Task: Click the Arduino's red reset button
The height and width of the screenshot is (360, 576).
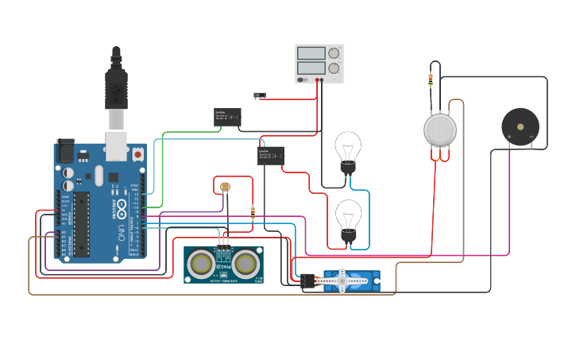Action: pyautogui.click(x=137, y=153)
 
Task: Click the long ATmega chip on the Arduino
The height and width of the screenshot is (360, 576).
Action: pyautogui.click(x=82, y=225)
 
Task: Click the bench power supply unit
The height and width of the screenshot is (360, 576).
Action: pyautogui.click(x=319, y=63)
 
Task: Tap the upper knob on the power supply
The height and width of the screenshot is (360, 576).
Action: pyautogui.click(x=334, y=54)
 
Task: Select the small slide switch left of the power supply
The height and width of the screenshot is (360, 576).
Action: pyautogui.click(x=259, y=95)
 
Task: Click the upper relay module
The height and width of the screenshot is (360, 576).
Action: pyautogui.click(x=227, y=117)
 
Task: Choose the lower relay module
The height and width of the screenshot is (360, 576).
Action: pyautogui.click(x=271, y=155)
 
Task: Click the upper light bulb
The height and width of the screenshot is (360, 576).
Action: pyautogui.click(x=348, y=150)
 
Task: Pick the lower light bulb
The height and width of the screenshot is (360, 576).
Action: pyautogui.click(x=348, y=219)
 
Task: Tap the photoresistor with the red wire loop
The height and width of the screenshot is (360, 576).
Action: pyautogui.click(x=224, y=187)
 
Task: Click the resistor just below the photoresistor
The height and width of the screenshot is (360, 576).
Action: pyautogui.click(x=253, y=212)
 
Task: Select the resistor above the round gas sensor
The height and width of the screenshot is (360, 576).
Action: pyautogui.click(x=431, y=79)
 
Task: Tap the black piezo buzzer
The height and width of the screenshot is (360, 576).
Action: pyautogui.click(x=520, y=126)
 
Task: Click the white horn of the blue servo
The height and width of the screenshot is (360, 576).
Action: pyautogui.click(x=342, y=279)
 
